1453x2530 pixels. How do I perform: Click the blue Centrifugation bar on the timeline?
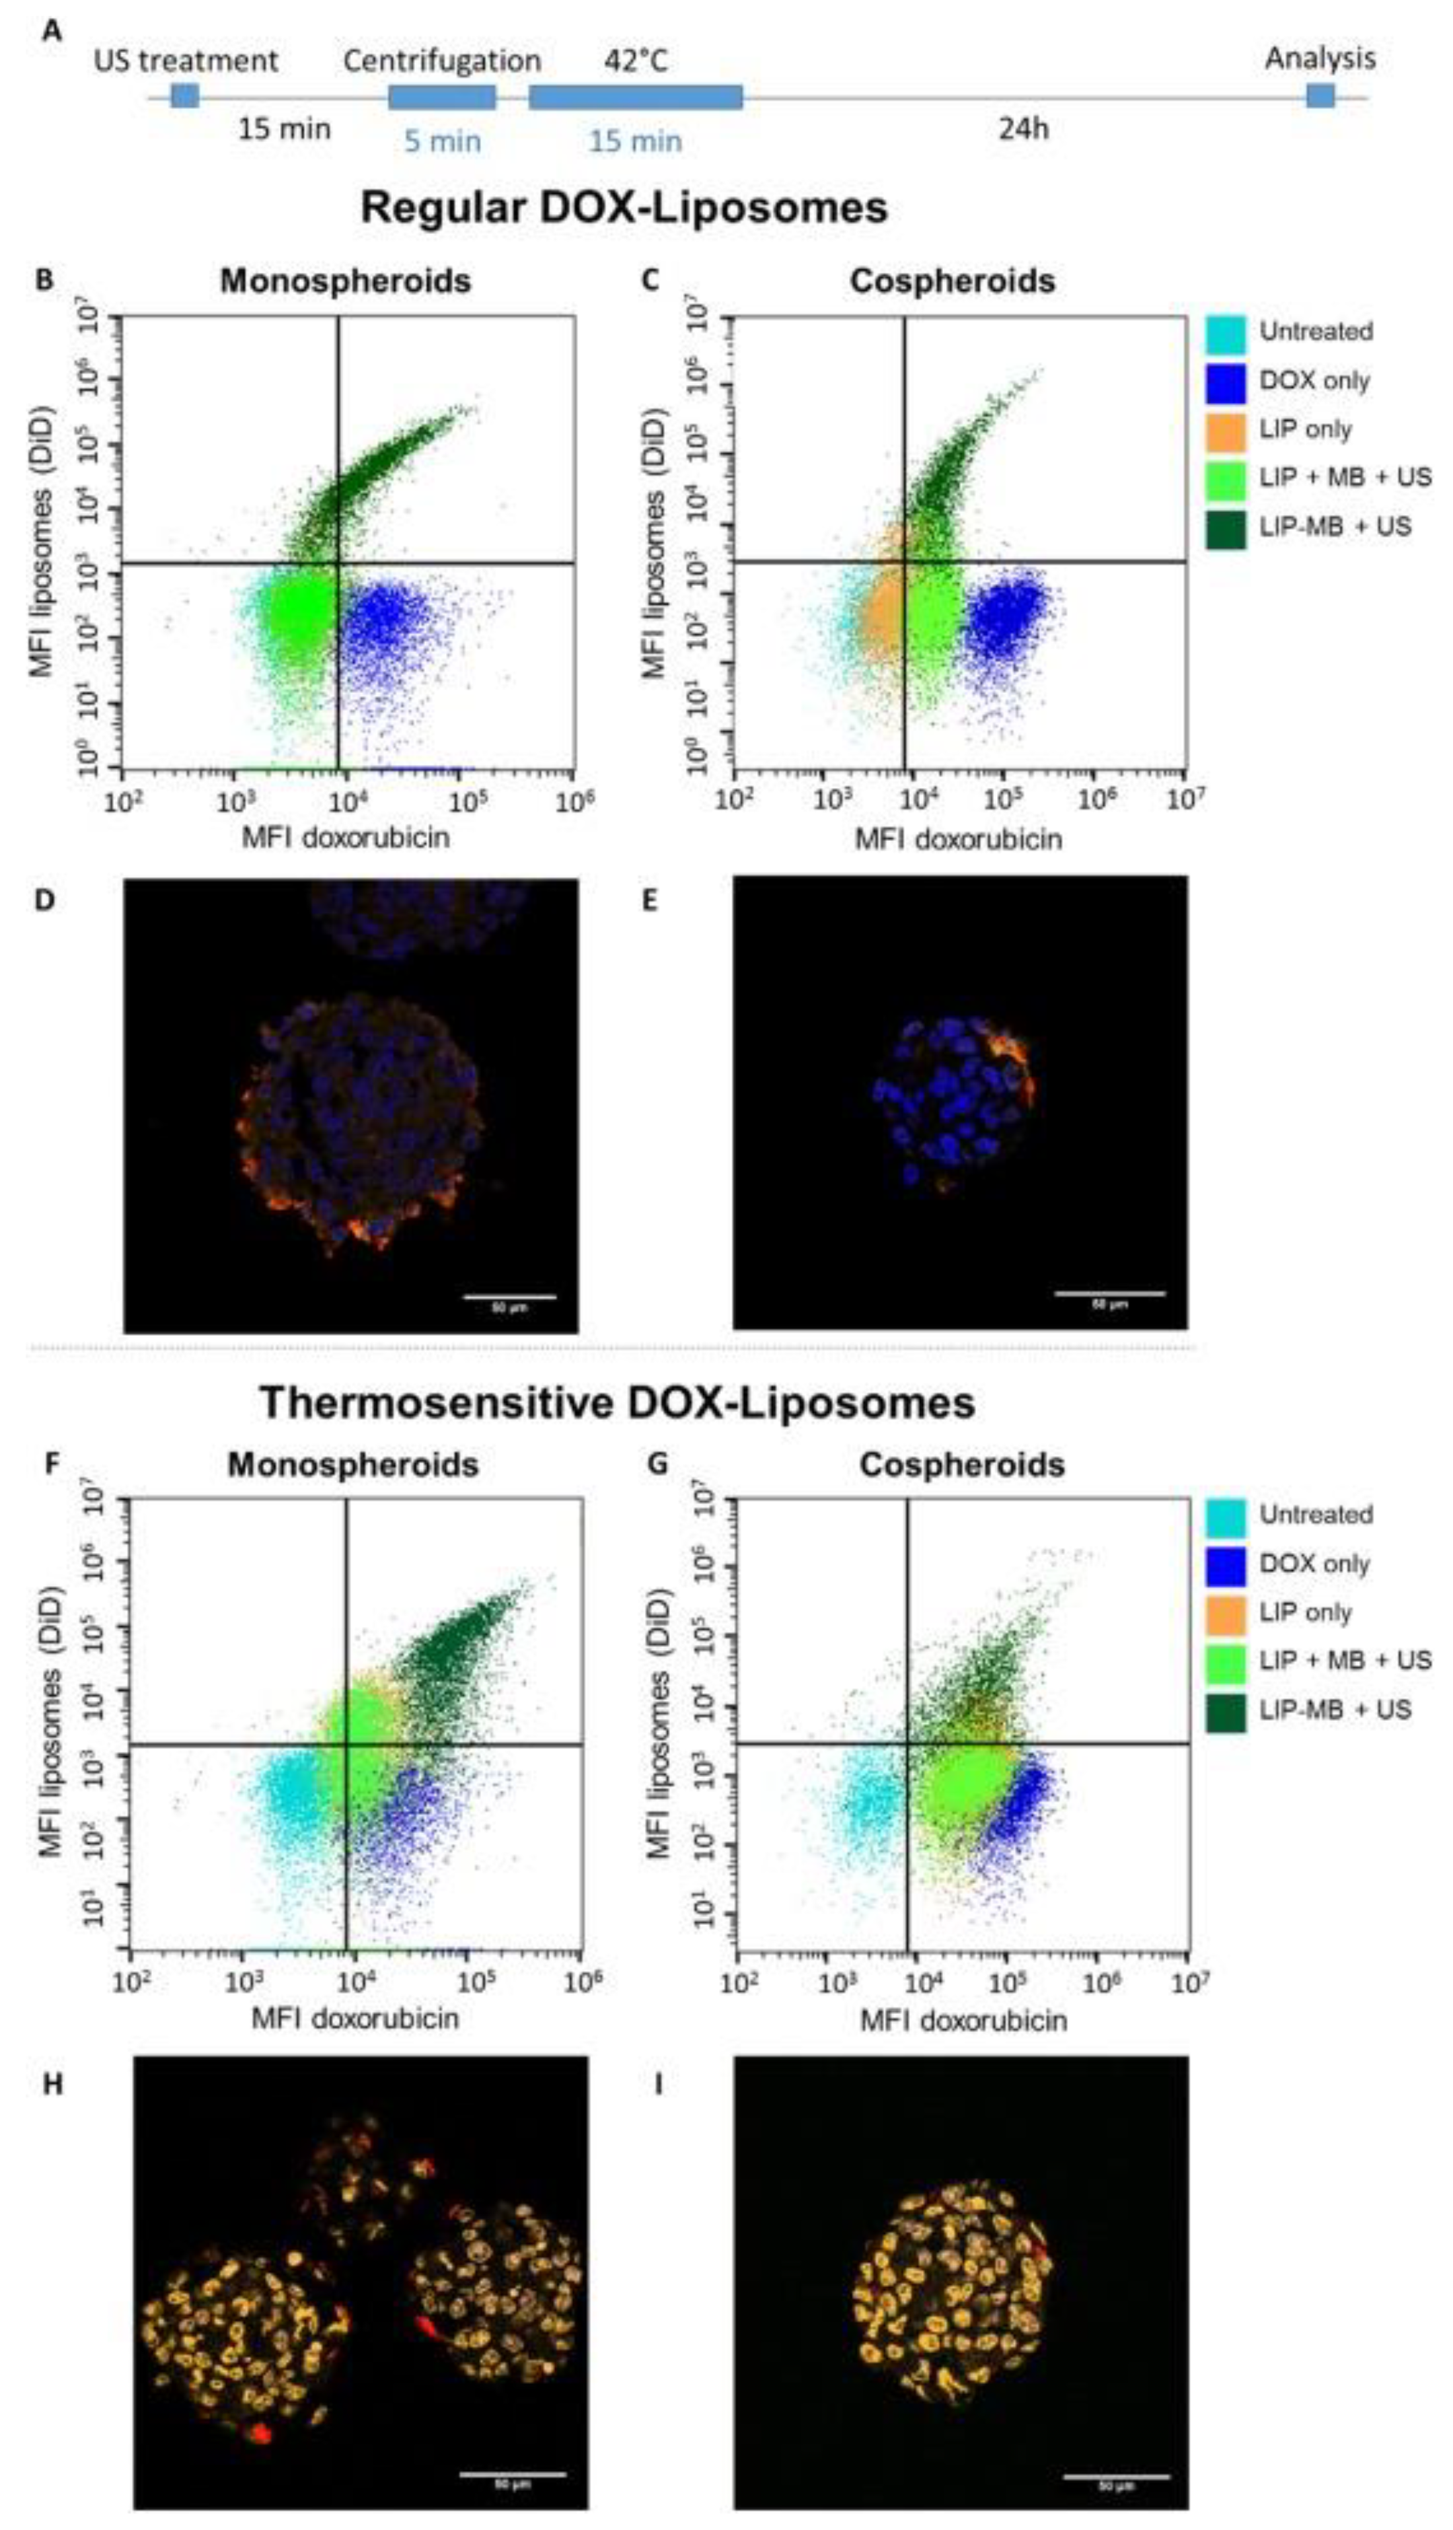[x=441, y=96]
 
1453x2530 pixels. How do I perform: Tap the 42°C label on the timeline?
[x=635, y=61]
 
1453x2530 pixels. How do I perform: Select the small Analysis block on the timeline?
[x=1320, y=96]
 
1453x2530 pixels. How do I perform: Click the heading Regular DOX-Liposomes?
[x=624, y=209]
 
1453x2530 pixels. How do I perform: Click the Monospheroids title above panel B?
[x=346, y=281]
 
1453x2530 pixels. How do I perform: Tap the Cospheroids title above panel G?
[x=962, y=1464]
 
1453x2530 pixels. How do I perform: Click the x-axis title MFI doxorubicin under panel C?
[x=958, y=839]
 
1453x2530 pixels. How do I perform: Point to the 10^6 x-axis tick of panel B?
[x=569, y=800]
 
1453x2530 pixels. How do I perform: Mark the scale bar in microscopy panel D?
[x=509, y=1297]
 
